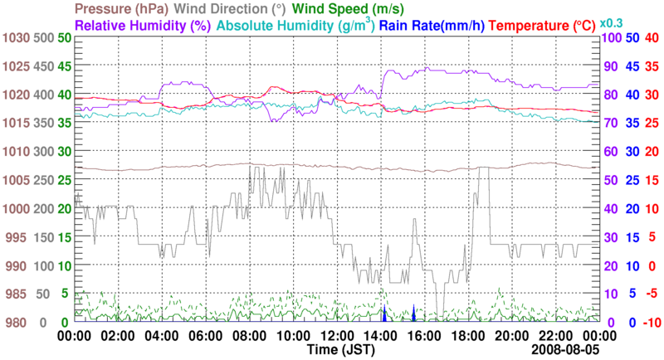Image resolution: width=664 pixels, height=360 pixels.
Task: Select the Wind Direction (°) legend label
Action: click(x=231, y=10)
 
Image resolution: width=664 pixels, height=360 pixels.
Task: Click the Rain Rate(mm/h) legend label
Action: click(x=433, y=26)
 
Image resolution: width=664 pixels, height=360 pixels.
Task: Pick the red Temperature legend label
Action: click(x=544, y=26)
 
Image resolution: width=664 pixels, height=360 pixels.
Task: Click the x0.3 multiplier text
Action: click(x=612, y=22)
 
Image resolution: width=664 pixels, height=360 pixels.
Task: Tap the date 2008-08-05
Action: click(x=565, y=351)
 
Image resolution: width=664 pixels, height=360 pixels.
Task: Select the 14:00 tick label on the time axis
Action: click(x=381, y=336)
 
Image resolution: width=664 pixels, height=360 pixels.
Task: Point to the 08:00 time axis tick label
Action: click(x=250, y=336)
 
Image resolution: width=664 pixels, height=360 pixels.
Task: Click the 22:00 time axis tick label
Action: click(x=555, y=336)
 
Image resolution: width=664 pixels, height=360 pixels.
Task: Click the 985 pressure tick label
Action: click(x=17, y=294)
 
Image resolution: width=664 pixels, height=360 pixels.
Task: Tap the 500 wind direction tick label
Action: click(x=44, y=38)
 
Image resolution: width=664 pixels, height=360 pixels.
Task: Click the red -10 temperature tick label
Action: click(x=652, y=323)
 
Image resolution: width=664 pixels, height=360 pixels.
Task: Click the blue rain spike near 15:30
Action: click(x=413, y=314)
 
